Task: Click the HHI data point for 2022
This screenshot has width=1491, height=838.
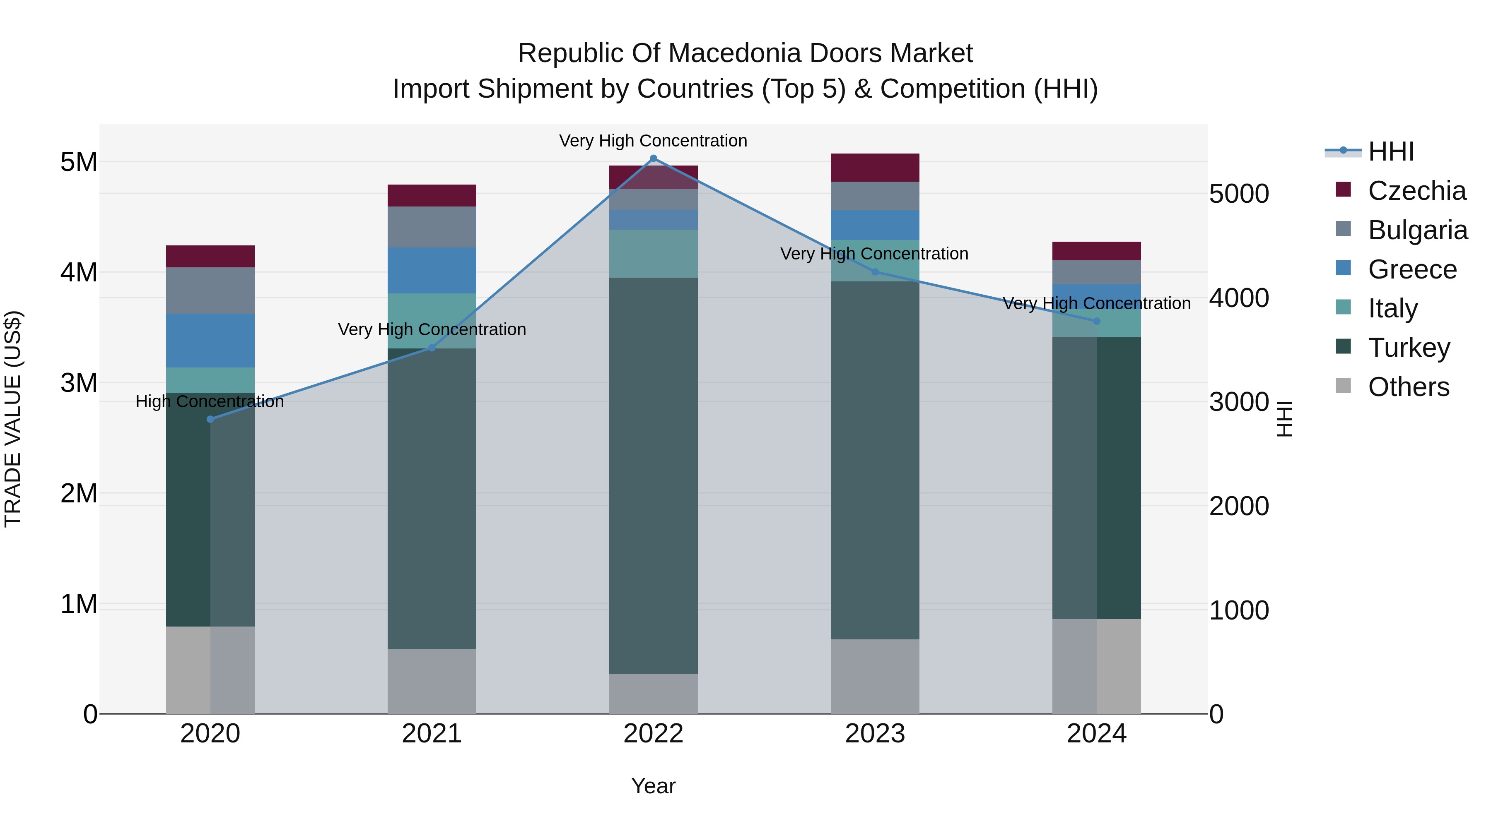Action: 654,158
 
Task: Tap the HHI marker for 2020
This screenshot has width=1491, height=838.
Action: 210,419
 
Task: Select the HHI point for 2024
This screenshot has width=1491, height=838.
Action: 1096,321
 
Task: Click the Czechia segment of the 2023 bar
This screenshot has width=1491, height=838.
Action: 875,168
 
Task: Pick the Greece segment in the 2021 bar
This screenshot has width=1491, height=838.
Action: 432,270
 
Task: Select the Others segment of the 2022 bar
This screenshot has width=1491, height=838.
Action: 654,694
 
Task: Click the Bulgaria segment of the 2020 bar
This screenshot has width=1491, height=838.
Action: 210,291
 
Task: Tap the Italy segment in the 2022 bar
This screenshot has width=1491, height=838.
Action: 654,253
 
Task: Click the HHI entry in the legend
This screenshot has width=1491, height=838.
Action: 1391,151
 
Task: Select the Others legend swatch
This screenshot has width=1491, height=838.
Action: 1343,386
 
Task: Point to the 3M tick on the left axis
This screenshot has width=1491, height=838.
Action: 79,383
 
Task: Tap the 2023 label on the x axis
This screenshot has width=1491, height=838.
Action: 875,734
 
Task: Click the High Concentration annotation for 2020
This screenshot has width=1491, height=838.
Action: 210,401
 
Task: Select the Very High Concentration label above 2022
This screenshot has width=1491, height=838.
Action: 653,141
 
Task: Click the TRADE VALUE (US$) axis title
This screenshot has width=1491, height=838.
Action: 13,419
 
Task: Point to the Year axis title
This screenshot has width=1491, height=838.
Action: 653,786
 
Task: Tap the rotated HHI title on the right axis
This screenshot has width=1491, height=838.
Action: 1284,419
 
